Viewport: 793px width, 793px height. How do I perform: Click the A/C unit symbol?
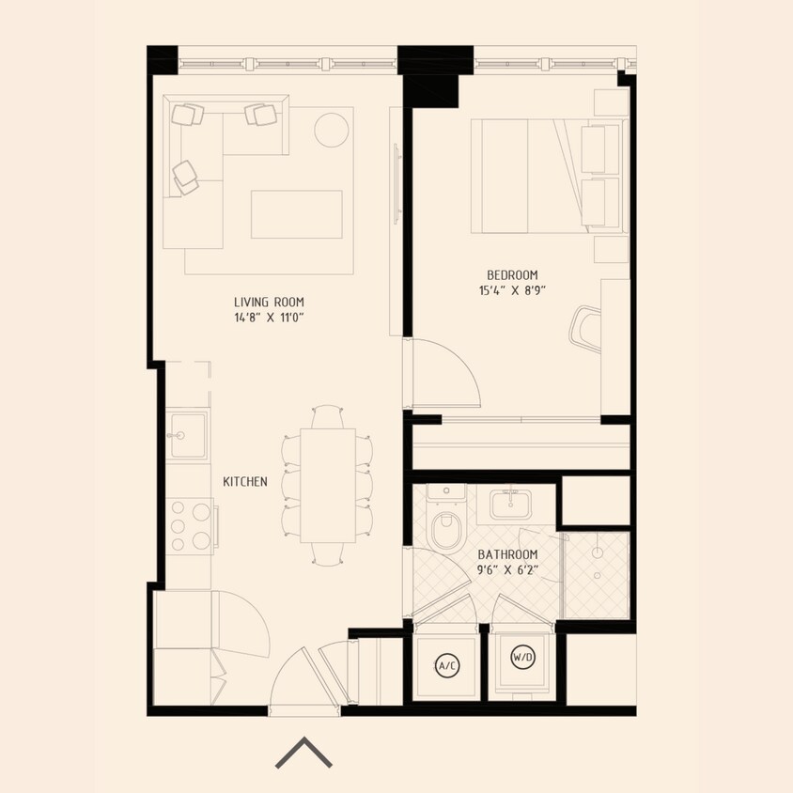[x=446, y=666]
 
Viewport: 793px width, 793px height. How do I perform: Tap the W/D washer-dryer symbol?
[x=522, y=659]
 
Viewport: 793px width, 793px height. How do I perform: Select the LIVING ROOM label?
[x=269, y=302]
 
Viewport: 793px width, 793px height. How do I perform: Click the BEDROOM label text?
[x=511, y=274]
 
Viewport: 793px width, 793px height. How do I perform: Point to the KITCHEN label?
[x=245, y=481]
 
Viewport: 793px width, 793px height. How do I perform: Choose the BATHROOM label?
[x=507, y=554]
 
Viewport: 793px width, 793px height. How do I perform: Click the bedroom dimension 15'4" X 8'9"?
[x=511, y=290]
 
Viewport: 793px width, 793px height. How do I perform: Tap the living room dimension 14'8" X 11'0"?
[x=269, y=318]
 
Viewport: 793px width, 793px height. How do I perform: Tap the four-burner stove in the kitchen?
[x=189, y=524]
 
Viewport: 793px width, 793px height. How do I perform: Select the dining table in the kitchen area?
[x=328, y=485]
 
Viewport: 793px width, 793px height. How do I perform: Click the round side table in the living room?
[x=332, y=130]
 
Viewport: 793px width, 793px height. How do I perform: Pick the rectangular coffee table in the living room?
[x=296, y=214]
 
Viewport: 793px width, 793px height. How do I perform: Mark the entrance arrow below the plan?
[x=303, y=753]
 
